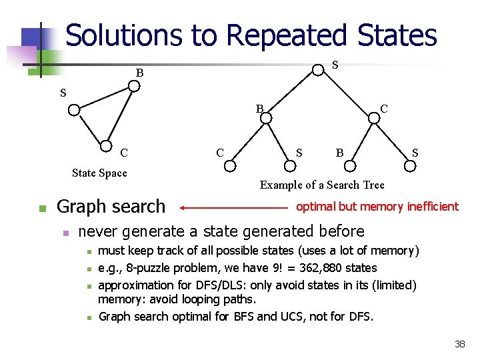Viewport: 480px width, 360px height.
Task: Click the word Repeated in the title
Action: click(x=287, y=35)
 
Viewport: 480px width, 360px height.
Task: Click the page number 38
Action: click(x=459, y=344)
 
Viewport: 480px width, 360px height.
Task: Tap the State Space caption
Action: click(x=99, y=173)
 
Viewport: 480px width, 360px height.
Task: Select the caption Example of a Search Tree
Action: click(x=322, y=185)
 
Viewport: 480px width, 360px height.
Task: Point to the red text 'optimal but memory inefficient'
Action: click(x=377, y=207)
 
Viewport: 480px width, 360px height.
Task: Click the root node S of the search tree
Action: click(x=319, y=69)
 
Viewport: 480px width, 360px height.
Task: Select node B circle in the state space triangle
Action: click(x=134, y=86)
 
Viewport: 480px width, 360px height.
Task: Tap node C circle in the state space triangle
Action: click(x=106, y=147)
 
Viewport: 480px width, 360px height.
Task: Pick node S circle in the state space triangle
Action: click(x=74, y=109)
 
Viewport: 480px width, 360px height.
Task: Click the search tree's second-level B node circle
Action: click(x=266, y=118)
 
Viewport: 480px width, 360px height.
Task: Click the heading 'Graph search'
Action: click(x=111, y=207)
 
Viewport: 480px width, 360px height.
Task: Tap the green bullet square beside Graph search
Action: click(x=41, y=209)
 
